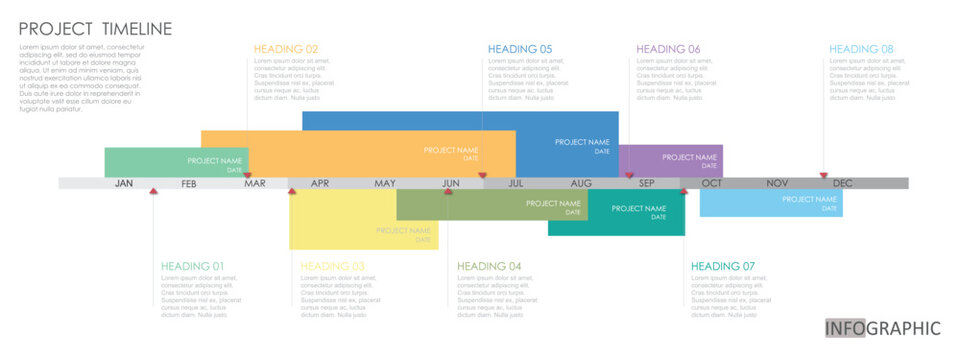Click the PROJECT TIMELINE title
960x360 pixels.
(95, 29)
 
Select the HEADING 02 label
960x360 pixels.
(286, 49)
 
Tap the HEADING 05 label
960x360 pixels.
(520, 49)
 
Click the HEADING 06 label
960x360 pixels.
(668, 49)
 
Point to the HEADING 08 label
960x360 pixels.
(861, 49)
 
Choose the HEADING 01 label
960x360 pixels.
(193, 266)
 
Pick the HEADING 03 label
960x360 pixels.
(333, 266)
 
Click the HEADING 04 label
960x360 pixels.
(489, 266)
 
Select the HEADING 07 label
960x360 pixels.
(723, 266)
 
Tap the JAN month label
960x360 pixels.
(124, 184)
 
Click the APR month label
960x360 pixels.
(320, 184)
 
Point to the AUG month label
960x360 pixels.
(581, 184)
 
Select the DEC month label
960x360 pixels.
(843, 184)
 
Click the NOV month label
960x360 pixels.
(777, 184)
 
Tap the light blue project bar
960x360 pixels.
(770, 203)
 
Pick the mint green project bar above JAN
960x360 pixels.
(150, 162)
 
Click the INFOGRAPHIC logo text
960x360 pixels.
(883, 328)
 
